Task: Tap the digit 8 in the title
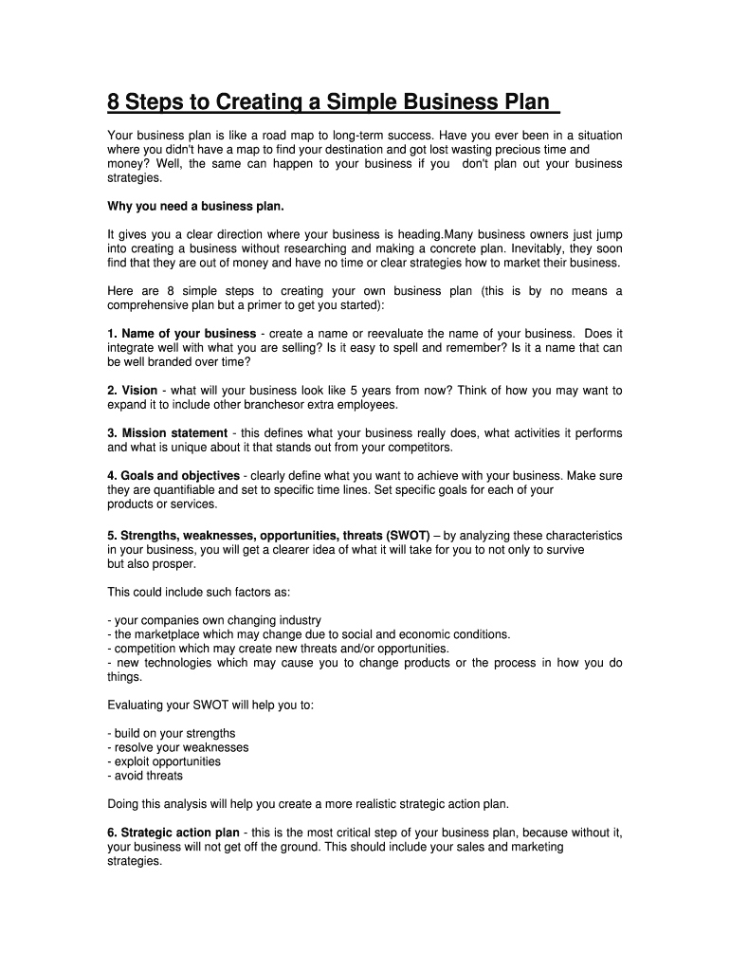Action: click(114, 102)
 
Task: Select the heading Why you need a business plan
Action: click(196, 206)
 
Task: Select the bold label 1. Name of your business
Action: click(182, 334)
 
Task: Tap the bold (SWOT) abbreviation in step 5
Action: click(406, 536)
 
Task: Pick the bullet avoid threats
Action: click(148, 776)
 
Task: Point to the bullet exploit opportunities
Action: click(166, 761)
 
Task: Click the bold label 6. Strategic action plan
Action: click(173, 833)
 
